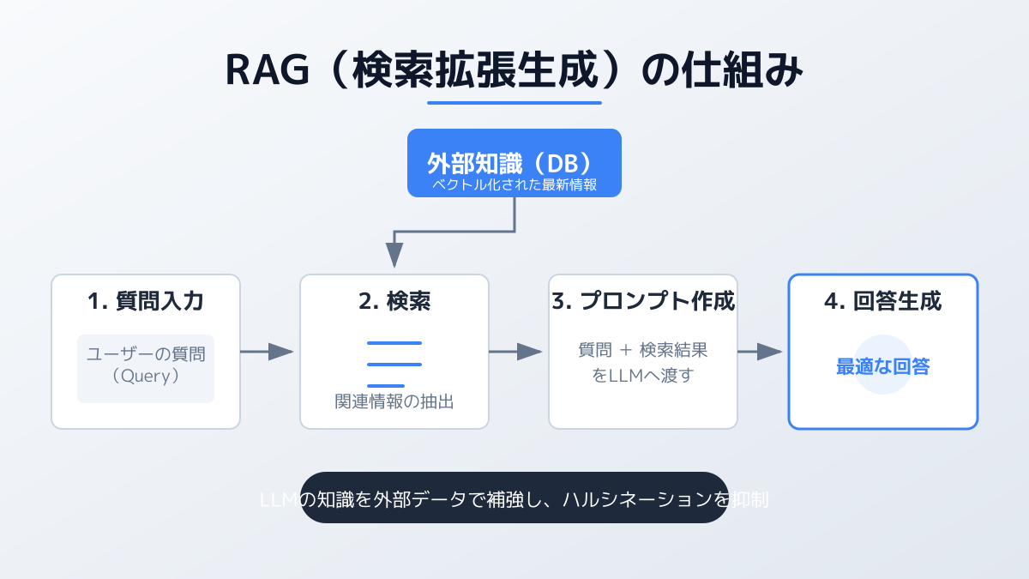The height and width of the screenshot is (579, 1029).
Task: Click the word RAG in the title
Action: coord(267,71)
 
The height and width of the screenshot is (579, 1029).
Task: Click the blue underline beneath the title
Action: coord(514,103)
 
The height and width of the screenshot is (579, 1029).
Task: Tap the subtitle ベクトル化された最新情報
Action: coord(514,185)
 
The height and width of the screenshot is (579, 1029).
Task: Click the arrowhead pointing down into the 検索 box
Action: coord(394,255)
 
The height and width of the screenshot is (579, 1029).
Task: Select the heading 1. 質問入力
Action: coord(146,302)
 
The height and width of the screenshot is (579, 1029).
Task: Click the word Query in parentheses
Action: coord(146,375)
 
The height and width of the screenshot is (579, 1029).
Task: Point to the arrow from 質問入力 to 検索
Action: coord(267,352)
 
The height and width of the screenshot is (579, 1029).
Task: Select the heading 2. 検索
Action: coord(394,302)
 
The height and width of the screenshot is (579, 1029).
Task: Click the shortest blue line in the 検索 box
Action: coord(386,386)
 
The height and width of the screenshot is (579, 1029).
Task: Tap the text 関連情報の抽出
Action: coord(394,401)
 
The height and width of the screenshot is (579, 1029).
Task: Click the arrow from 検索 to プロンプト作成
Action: coord(515,352)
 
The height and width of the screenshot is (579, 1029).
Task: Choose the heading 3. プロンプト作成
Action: coord(643,302)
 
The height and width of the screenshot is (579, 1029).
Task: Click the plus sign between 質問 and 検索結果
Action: coord(626,351)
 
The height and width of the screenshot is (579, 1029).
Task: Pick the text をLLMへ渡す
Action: coord(643,376)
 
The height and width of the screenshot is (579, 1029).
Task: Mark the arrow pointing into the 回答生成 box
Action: coord(761,352)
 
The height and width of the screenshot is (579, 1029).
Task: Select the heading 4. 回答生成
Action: coord(883,302)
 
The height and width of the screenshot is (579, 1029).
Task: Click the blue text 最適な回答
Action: coord(883,367)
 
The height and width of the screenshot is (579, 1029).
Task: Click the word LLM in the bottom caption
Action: coord(278,499)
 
